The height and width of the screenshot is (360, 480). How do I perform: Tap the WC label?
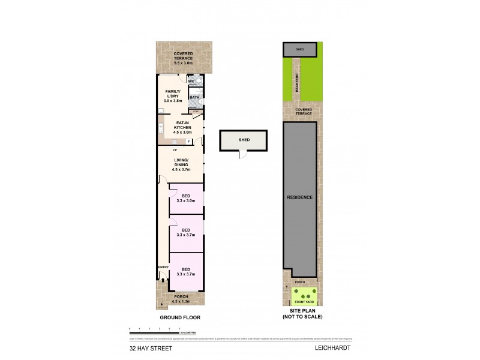click(x=191, y=81)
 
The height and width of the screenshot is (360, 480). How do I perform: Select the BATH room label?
click(x=194, y=97)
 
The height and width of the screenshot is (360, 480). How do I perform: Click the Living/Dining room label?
click(x=181, y=165)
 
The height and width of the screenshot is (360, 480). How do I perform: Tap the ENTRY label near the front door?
click(x=163, y=267)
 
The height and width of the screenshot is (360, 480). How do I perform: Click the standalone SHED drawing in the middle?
click(x=244, y=140)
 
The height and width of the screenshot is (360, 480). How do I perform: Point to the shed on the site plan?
click(x=300, y=50)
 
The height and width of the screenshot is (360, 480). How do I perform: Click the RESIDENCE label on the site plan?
click(x=299, y=197)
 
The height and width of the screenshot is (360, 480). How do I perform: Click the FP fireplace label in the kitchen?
click(x=175, y=149)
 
